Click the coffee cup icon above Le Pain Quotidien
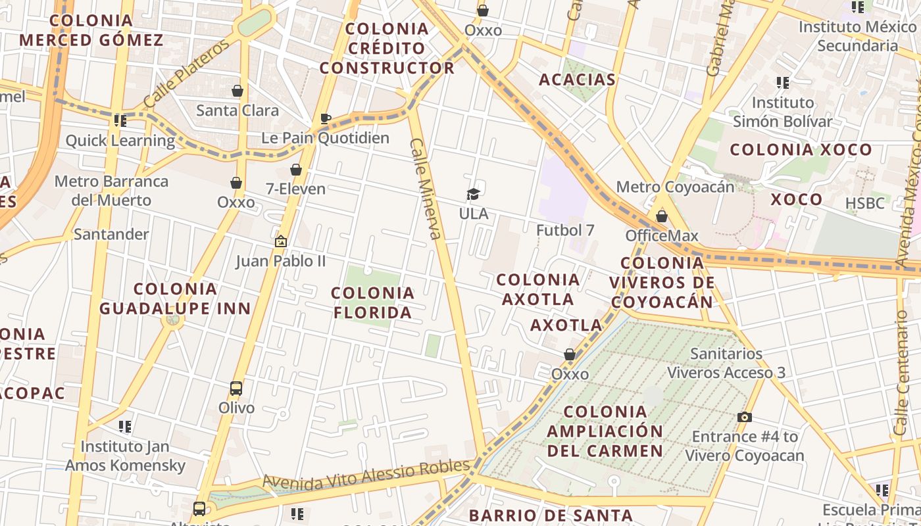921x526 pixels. point(325,118)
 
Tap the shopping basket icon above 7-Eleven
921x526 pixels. point(296,170)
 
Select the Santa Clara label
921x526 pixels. point(237,110)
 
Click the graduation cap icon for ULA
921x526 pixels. point(474,194)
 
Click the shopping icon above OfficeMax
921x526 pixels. point(662,216)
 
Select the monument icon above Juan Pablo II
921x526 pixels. point(281,242)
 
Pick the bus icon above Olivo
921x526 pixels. point(236,389)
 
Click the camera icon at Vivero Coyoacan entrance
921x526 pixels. point(745,417)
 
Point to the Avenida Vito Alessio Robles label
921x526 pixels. point(366,475)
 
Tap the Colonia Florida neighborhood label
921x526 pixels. point(373,302)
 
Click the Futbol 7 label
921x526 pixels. point(565,230)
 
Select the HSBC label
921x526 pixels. point(865,203)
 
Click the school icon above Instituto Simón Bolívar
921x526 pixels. point(783,83)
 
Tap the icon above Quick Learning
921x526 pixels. point(120,120)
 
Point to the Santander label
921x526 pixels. point(111,234)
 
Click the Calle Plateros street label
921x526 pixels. point(186,74)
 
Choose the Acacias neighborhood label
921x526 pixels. point(577,80)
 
